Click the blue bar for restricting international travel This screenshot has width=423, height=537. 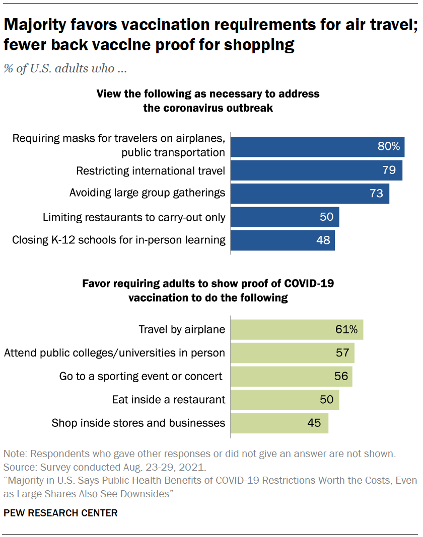click(316, 170)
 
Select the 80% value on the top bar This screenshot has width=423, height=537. click(389, 146)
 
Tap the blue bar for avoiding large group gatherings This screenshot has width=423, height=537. click(310, 194)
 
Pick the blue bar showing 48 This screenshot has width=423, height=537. click(283, 240)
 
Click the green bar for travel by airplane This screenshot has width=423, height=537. click(297, 329)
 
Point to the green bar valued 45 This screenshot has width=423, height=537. click(279, 423)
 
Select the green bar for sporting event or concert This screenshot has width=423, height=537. click(291, 376)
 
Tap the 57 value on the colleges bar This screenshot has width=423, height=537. click(342, 353)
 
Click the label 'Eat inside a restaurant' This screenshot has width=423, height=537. click(168, 400)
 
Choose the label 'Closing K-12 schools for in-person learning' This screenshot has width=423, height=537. click(118, 240)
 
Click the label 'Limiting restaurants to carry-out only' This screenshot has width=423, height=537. click(133, 217)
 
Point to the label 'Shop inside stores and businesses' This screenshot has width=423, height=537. click(138, 423)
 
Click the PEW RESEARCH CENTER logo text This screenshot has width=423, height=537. click(60, 513)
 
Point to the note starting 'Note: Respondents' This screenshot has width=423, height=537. click(198, 454)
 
